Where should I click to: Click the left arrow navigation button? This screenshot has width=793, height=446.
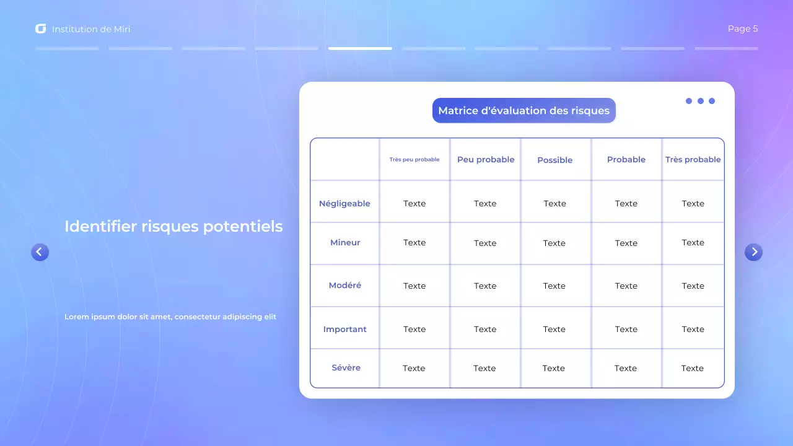coord(40,252)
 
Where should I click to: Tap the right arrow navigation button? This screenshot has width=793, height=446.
coord(753,252)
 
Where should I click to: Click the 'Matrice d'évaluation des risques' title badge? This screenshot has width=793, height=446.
coord(524,111)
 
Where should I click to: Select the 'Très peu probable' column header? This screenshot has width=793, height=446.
coord(414,160)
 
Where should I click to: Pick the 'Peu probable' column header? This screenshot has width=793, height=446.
coord(486,160)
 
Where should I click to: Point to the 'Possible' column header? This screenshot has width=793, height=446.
coord(555,160)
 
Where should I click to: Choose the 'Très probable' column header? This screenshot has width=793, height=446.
coord(693,160)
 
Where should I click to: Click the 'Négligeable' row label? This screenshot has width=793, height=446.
coord(344,204)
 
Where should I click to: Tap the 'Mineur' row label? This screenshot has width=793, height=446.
coord(345,243)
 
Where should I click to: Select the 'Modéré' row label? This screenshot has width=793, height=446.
coord(345,286)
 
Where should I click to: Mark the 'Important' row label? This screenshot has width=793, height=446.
coord(345,330)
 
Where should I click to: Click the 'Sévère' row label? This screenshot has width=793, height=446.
coord(346,368)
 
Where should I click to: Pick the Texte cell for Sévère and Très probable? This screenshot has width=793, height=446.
coord(693,369)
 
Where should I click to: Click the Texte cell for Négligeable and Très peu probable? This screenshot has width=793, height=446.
coord(414,204)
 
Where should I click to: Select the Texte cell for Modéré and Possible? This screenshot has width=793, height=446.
coord(554,286)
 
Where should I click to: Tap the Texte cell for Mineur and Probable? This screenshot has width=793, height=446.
coord(626,243)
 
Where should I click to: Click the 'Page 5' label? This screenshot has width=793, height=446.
coord(742,29)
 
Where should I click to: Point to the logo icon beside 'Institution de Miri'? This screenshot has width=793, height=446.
coord(41,29)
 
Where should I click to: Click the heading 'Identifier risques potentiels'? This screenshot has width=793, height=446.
coord(173,227)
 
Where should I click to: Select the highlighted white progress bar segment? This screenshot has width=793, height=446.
coord(360,48)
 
